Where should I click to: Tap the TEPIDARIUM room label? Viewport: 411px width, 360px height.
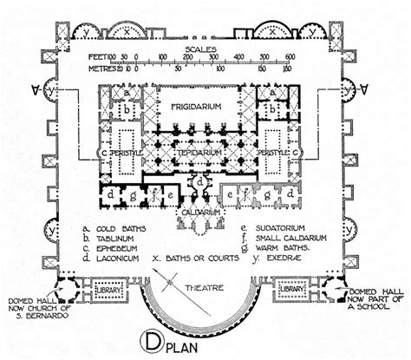point(205,151)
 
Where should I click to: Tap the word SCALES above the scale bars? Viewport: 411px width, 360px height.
point(206,50)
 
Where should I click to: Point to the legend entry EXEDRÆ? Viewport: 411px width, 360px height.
point(273,265)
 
